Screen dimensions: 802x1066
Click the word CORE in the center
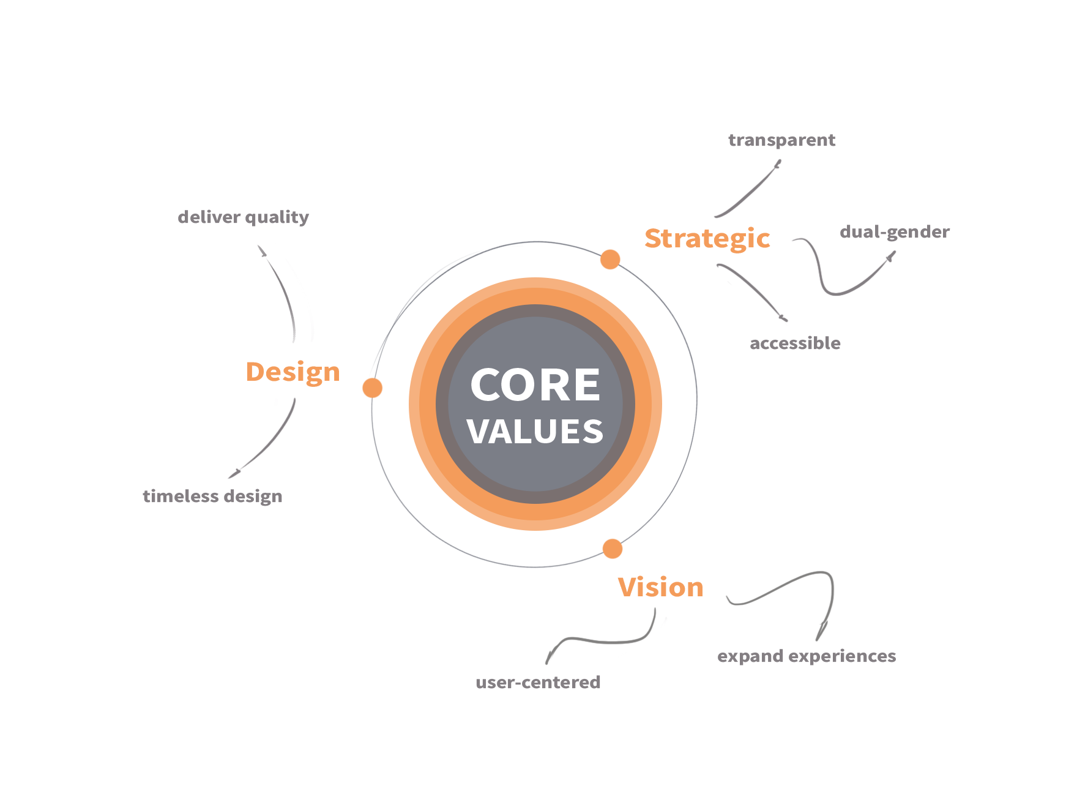(x=535, y=385)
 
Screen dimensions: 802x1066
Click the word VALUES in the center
(x=535, y=432)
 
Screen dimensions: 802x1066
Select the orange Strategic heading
(x=707, y=239)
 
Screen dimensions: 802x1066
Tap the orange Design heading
(x=293, y=372)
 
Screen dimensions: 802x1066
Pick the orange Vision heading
(x=660, y=587)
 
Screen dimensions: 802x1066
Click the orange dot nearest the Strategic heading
(x=610, y=260)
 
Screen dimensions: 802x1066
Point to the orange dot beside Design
(x=372, y=388)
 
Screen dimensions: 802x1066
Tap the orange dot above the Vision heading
(x=613, y=549)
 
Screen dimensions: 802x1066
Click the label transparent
(x=781, y=141)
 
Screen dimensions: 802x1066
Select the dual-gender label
(x=894, y=232)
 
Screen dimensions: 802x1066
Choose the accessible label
(x=796, y=343)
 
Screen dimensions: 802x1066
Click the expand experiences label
(x=807, y=656)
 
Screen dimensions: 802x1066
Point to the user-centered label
(x=538, y=682)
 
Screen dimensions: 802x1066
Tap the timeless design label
(x=213, y=496)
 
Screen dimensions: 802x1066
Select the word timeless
(x=181, y=496)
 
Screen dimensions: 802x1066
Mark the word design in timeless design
(x=253, y=497)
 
